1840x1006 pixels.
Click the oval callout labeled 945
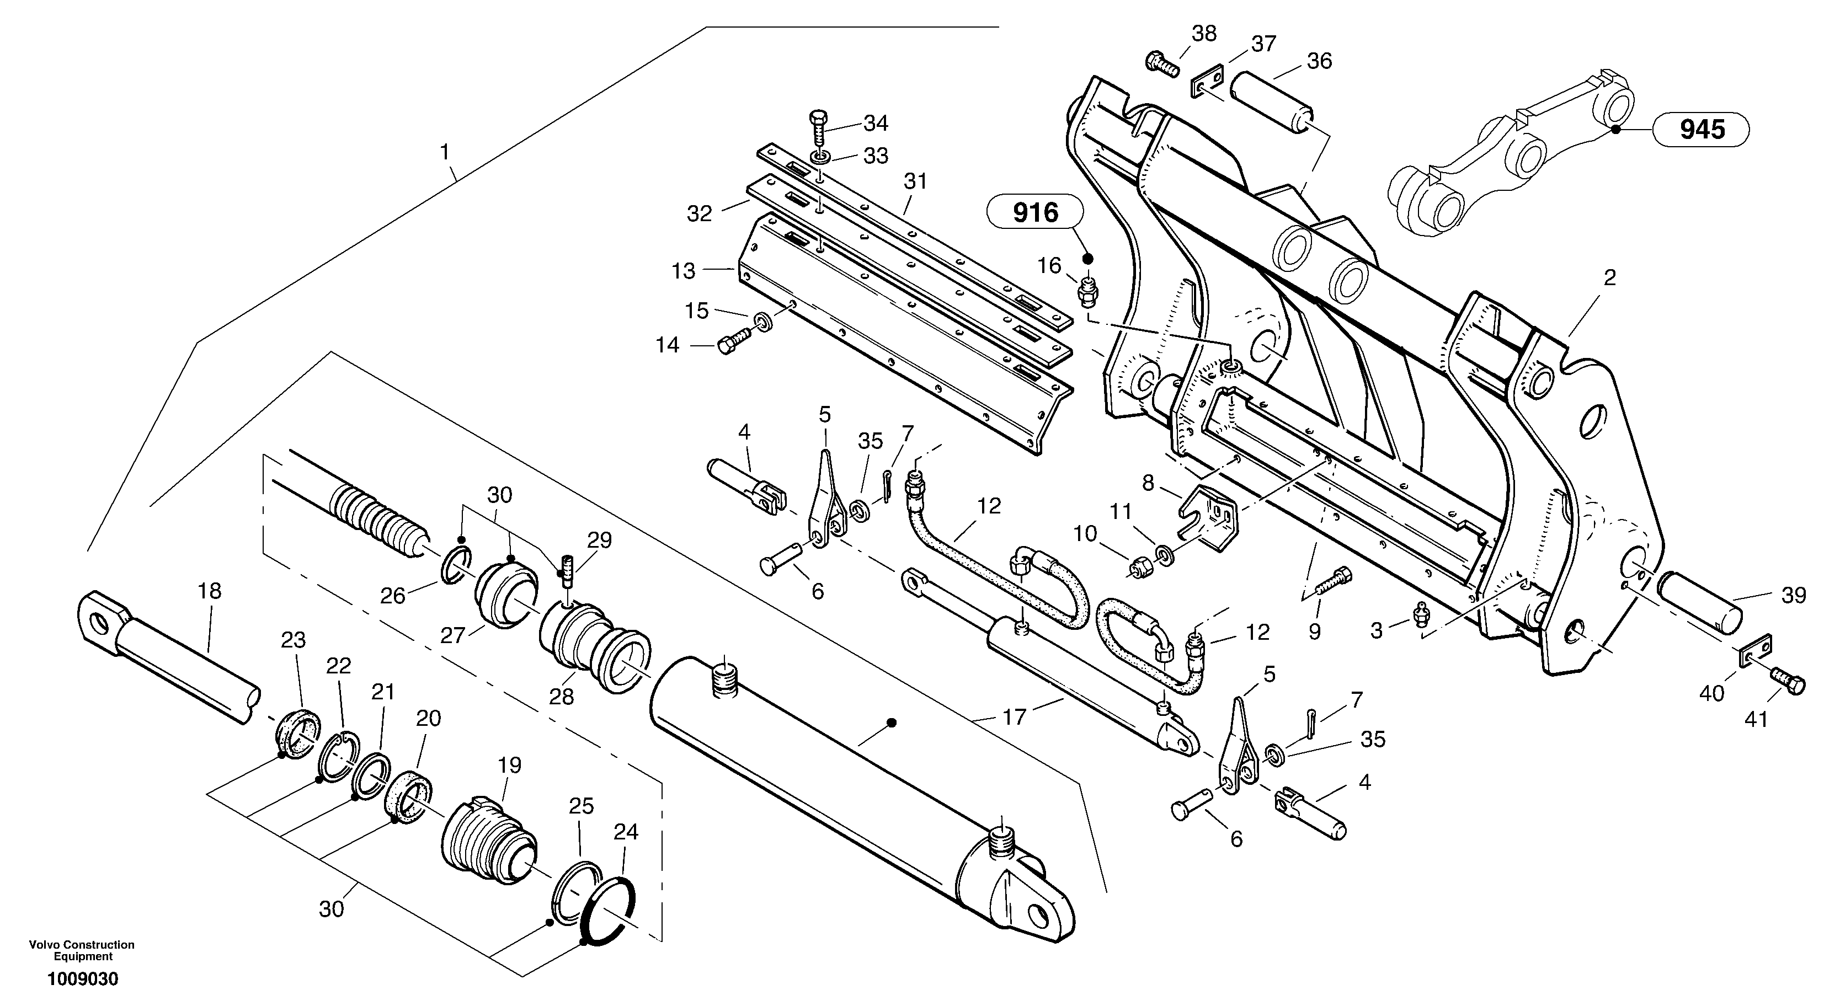click(1702, 129)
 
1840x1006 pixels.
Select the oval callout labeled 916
click(1035, 213)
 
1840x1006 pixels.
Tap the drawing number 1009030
click(82, 979)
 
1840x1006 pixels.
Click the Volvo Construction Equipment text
click(82, 950)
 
